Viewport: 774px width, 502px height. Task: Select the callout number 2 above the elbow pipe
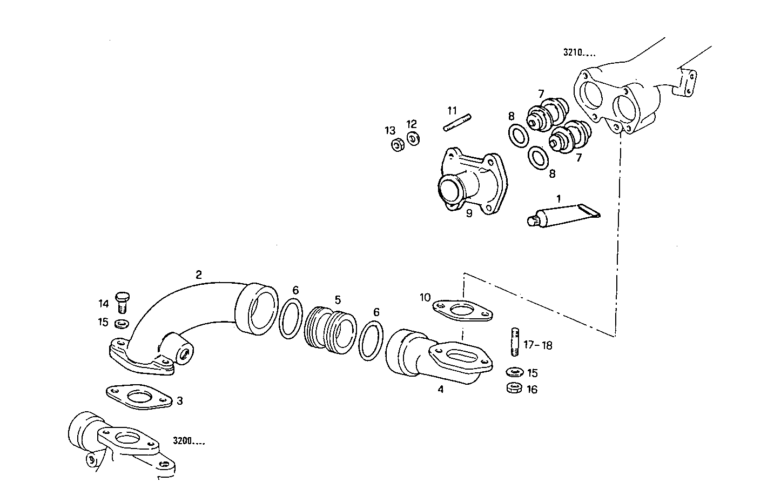click(199, 275)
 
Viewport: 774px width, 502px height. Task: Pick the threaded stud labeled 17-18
click(514, 341)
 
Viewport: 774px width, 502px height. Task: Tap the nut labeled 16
click(514, 387)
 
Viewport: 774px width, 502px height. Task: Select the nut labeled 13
click(396, 145)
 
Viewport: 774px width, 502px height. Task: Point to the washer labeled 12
click(413, 138)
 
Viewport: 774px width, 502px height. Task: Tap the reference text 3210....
click(579, 53)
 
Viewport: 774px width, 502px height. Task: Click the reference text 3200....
click(189, 441)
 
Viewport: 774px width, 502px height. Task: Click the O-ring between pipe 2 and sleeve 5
click(291, 320)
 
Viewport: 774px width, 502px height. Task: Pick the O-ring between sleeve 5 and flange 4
click(371, 340)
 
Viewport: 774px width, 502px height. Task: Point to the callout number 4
click(440, 389)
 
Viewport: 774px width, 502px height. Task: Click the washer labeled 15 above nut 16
click(514, 372)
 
